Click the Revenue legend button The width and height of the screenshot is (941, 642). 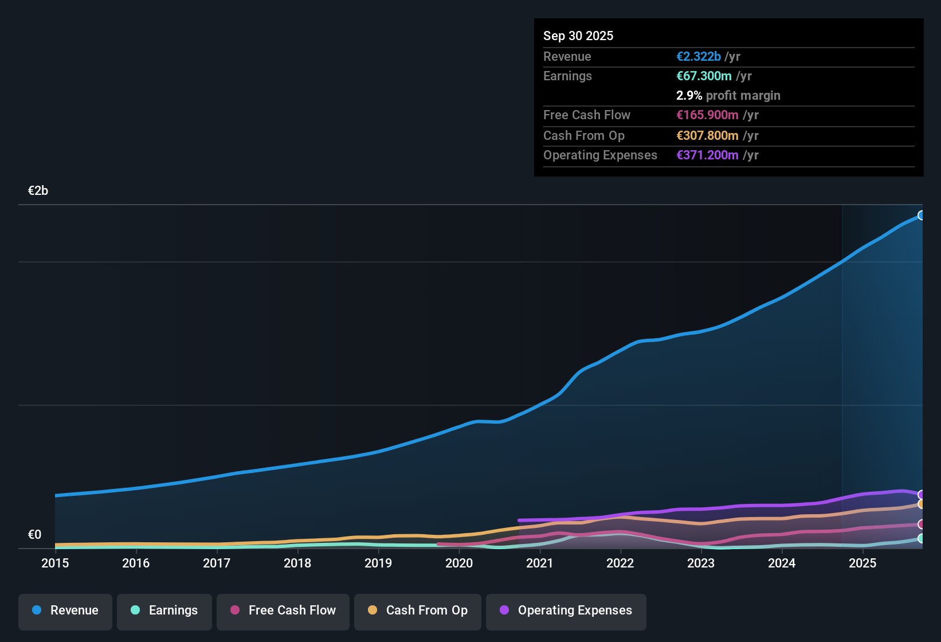click(x=65, y=610)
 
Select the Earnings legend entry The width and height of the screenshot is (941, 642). click(x=164, y=610)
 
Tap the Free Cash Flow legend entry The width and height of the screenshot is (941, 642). click(x=283, y=610)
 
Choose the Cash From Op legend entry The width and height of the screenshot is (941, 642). click(x=418, y=610)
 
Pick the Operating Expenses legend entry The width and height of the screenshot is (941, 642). click(x=566, y=610)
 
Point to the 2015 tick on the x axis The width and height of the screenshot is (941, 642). click(x=55, y=563)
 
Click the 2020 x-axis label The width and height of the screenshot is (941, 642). click(x=459, y=563)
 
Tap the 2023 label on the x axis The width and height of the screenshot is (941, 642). click(x=701, y=563)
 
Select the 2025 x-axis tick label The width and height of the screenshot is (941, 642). click(x=862, y=563)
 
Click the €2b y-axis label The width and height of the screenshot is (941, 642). click(x=38, y=191)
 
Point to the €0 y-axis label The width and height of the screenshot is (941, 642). click(x=34, y=535)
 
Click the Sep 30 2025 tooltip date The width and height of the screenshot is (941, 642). click(x=578, y=36)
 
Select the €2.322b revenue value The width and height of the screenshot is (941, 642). click(x=699, y=56)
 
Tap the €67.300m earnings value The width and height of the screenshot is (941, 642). click(x=704, y=76)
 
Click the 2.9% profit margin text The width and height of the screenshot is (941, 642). click(x=728, y=95)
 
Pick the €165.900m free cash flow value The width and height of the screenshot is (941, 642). click(x=707, y=115)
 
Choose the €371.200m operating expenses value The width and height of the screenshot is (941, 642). click(x=707, y=155)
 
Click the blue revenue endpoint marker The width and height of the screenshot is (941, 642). click(x=922, y=216)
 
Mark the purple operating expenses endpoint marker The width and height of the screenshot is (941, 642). click(x=922, y=495)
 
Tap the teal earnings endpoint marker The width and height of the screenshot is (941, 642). click(x=922, y=538)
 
